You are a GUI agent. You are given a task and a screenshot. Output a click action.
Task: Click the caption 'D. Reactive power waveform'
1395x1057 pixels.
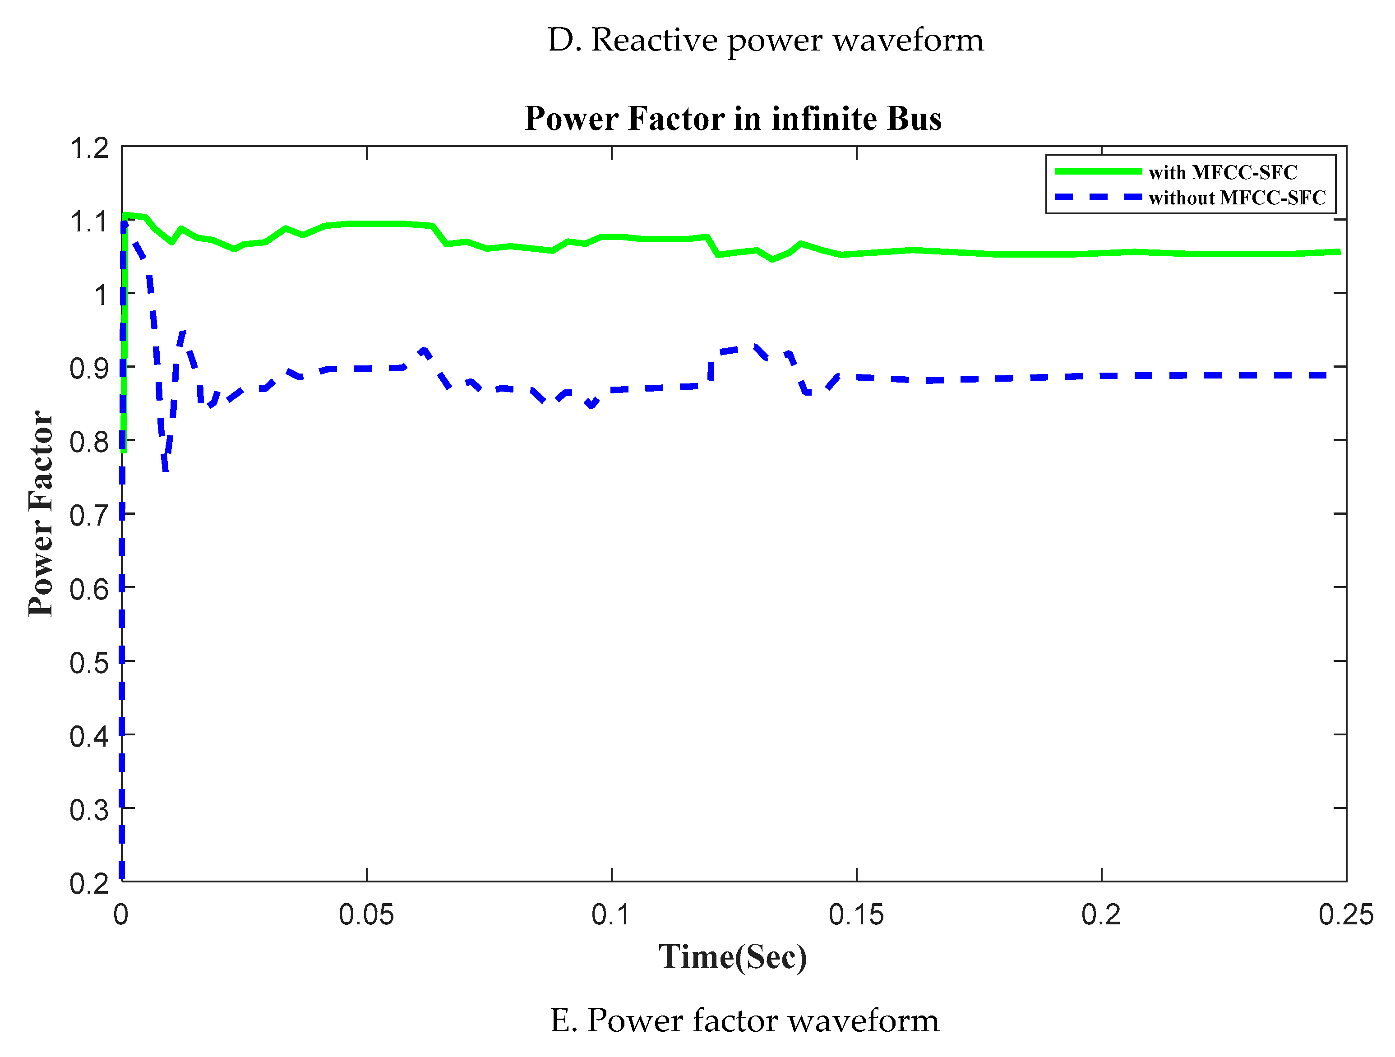766,40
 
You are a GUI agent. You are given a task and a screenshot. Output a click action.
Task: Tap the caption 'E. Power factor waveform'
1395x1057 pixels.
744,1020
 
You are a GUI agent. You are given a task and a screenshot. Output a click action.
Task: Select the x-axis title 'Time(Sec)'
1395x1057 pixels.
733,957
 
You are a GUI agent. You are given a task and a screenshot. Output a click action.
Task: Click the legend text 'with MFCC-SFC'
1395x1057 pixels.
1222,172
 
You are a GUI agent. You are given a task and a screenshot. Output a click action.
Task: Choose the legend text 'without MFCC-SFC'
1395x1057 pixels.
1237,198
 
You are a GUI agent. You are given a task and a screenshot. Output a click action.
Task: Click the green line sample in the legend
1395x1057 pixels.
1097,171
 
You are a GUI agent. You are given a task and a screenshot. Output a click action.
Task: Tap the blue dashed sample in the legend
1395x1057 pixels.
1097,198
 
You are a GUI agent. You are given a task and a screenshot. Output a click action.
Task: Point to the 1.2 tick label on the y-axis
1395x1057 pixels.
89,149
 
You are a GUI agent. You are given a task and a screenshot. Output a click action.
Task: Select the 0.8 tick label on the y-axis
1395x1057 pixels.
89,442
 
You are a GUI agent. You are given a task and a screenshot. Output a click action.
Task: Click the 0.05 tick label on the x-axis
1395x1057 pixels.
366,915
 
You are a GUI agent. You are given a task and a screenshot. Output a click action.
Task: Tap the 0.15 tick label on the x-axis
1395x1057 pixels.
856,915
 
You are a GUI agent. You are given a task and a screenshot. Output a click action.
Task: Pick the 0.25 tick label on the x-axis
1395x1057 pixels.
1346,915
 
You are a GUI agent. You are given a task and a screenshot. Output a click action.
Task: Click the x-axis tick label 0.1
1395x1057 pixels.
611,915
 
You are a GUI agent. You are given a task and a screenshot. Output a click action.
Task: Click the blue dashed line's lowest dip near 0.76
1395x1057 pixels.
165,468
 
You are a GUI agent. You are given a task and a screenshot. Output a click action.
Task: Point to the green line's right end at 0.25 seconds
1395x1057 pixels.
1338,252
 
